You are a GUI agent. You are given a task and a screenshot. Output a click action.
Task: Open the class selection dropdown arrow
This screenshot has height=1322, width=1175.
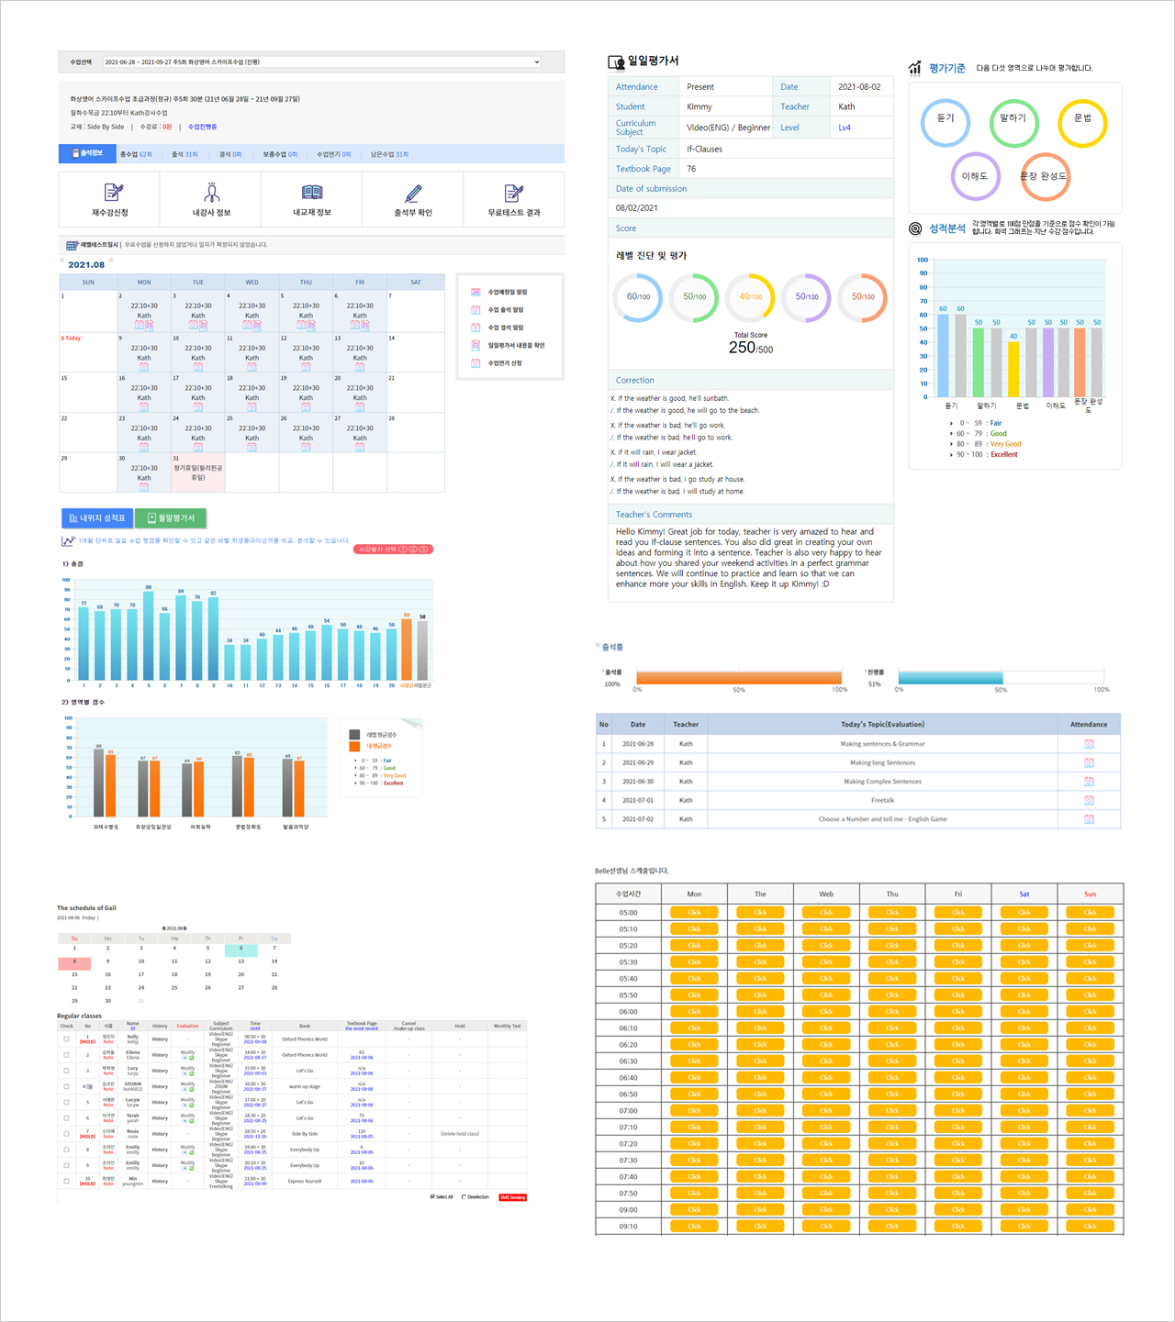[537, 62]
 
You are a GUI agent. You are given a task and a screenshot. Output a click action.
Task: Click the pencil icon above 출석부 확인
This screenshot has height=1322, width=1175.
[413, 193]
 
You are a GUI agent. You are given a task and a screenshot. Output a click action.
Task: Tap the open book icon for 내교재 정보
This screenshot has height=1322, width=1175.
[312, 193]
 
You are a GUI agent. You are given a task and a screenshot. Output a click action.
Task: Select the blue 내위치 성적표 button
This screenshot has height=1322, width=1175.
[97, 518]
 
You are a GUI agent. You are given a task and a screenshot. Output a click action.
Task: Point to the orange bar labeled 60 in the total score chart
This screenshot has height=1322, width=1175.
[407, 649]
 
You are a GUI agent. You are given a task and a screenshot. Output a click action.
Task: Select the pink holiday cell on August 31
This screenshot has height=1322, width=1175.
[197, 472]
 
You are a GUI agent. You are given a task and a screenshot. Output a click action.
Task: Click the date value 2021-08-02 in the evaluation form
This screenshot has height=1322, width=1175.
[859, 87]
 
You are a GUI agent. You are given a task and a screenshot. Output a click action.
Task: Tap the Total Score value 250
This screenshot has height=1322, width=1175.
[742, 348]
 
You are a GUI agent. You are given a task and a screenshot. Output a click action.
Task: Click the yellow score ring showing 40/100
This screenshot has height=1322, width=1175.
[751, 297]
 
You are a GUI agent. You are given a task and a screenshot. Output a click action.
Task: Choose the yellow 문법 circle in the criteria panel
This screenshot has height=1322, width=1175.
[1082, 123]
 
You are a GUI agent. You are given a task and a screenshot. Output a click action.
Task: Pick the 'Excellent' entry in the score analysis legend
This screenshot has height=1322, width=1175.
[1003, 454]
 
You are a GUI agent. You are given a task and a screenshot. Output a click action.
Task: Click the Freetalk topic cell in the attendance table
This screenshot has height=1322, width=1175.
[882, 800]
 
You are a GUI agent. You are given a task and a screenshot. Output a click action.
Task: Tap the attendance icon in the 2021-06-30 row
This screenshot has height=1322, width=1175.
[1089, 782]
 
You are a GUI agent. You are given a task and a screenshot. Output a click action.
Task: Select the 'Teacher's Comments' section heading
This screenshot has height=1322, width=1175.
[654, 515]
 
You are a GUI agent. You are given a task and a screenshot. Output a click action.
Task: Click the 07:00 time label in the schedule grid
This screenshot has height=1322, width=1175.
[628, 1111]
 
